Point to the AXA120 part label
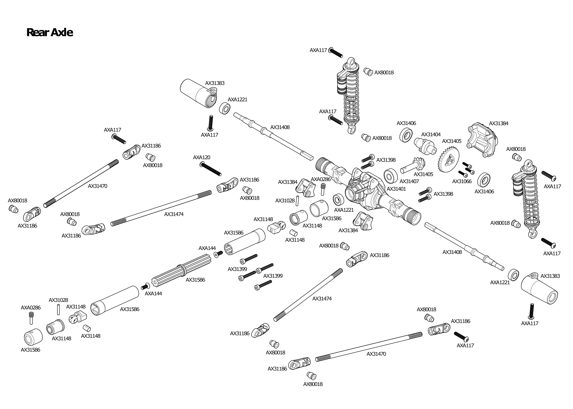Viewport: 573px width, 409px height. click(x=202, y=157)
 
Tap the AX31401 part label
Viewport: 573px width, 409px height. click(x=396, y=189)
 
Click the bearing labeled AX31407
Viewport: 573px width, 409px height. click(x=391, y=175)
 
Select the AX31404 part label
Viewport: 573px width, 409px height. click(x=431, y=135)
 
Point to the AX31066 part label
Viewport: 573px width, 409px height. click(x=462, y=181)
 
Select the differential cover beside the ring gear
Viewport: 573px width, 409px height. click(x=483, y=140)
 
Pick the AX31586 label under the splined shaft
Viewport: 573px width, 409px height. click(x=195, y=280)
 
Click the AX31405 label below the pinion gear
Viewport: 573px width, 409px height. click(x=423, y=174)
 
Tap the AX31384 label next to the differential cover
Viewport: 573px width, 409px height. click(x=499, y=123)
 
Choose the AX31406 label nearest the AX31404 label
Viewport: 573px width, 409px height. click(x=406, y=123)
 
